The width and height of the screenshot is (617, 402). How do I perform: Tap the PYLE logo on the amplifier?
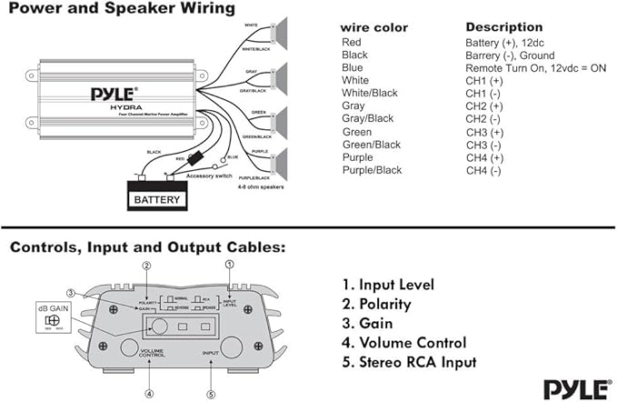pos(114,93)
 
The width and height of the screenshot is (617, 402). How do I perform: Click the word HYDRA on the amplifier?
pos(114,106)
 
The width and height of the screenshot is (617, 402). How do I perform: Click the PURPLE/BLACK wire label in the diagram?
pos(256,177)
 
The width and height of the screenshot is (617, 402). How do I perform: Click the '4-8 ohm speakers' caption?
pos(260,188)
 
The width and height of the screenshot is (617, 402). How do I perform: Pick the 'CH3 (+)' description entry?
pos(483,132)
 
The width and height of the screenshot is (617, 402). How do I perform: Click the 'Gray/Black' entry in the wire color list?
pos(367,119)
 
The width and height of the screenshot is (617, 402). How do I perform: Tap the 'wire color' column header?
pos(374,27)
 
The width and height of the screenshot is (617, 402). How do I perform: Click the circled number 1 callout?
pos(229,263)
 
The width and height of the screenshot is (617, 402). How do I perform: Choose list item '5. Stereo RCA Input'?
pos(409,362)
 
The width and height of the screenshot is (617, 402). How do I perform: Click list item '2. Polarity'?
pos(376,304)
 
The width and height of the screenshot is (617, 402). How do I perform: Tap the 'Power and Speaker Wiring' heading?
pos(122,9)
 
